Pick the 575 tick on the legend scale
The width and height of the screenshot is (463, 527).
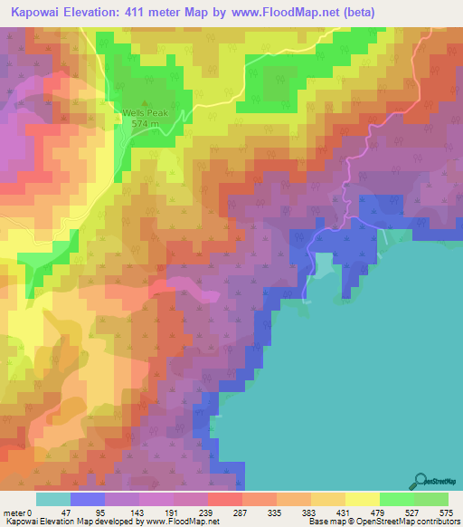(446, 513)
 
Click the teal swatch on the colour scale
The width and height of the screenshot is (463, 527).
(53, 499)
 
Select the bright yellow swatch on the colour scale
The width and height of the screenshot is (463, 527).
(363, 499)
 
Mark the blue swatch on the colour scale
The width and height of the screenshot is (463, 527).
(88, 499)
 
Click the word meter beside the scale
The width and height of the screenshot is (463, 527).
(16, 513)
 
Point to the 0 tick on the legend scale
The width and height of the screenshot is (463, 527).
(37, 513)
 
